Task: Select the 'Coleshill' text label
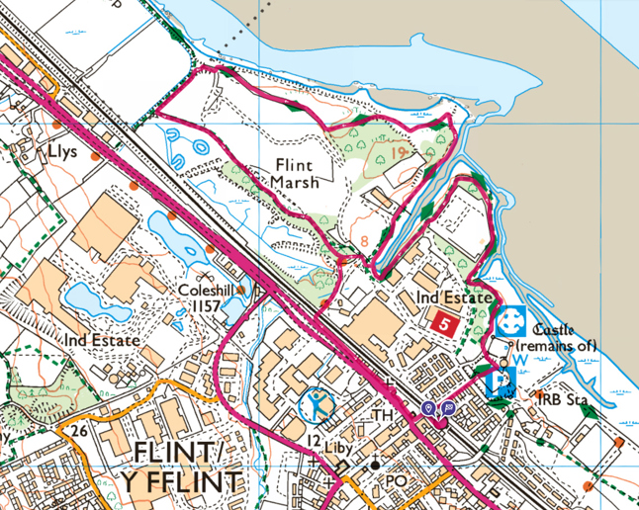tap(205, 292)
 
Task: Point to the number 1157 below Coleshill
tap(205, 307)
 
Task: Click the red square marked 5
tap(444, 321)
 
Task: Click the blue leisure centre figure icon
tap(316, 404)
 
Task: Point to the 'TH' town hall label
tap(383, 415)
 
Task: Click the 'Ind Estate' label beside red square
tap(453, 296)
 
